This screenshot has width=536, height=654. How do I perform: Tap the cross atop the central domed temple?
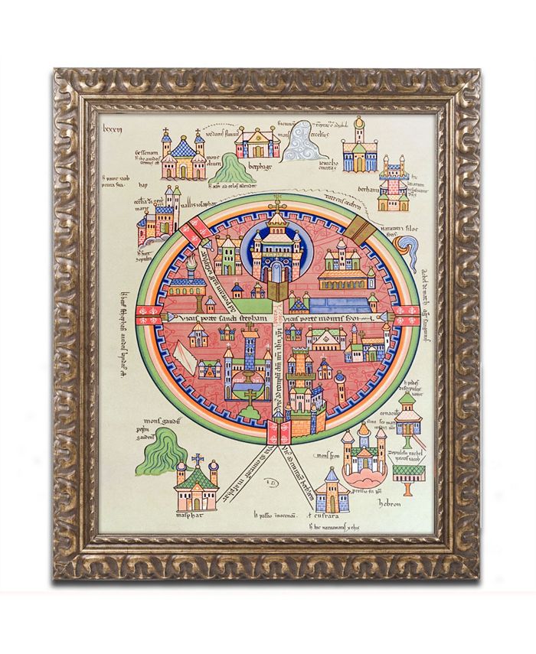(274, 206)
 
